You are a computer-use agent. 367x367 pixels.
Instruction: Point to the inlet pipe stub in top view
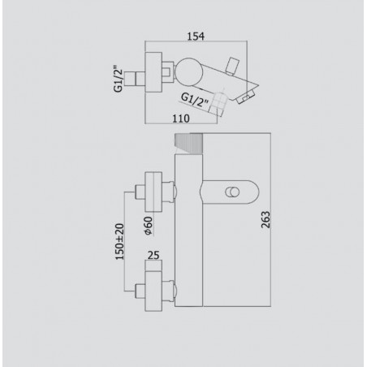coord(140,81)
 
